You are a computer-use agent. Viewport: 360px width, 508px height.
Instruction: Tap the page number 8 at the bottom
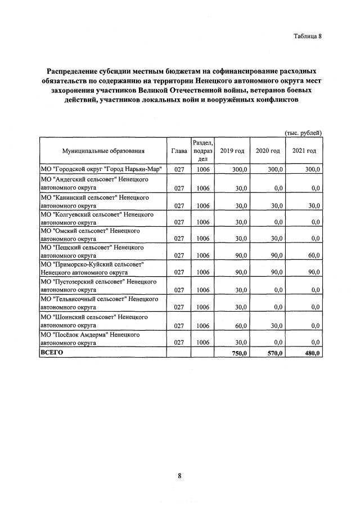click(x=179, y=476)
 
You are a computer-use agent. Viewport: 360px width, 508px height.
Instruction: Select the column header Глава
click(x=179, y=151)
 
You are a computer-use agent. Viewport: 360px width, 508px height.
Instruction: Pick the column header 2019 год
click(x=232, y=151)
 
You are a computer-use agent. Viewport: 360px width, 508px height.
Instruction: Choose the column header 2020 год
click(x=268, y=151)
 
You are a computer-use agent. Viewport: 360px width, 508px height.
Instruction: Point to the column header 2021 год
click(x=304, y=151)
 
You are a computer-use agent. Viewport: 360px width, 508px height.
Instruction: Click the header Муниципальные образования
click(x=104, y=151)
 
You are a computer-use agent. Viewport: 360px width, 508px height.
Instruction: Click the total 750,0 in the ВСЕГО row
click(x=239, y=353)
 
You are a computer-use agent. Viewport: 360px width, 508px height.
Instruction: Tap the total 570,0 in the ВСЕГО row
click(x=274, y=353)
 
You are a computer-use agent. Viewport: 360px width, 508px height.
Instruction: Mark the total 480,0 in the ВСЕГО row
click(x=312, y=353)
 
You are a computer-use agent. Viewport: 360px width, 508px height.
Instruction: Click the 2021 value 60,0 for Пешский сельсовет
click(x=313, y=255)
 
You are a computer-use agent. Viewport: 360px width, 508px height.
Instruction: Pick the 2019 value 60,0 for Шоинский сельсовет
click(x=241, y=326)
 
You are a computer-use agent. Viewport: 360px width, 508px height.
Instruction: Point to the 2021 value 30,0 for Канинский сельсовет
click(x=313, y=206)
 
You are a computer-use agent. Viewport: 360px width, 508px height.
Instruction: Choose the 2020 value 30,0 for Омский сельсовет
click(x=276, y=239)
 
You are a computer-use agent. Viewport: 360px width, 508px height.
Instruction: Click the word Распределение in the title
click(x=78, y=72)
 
